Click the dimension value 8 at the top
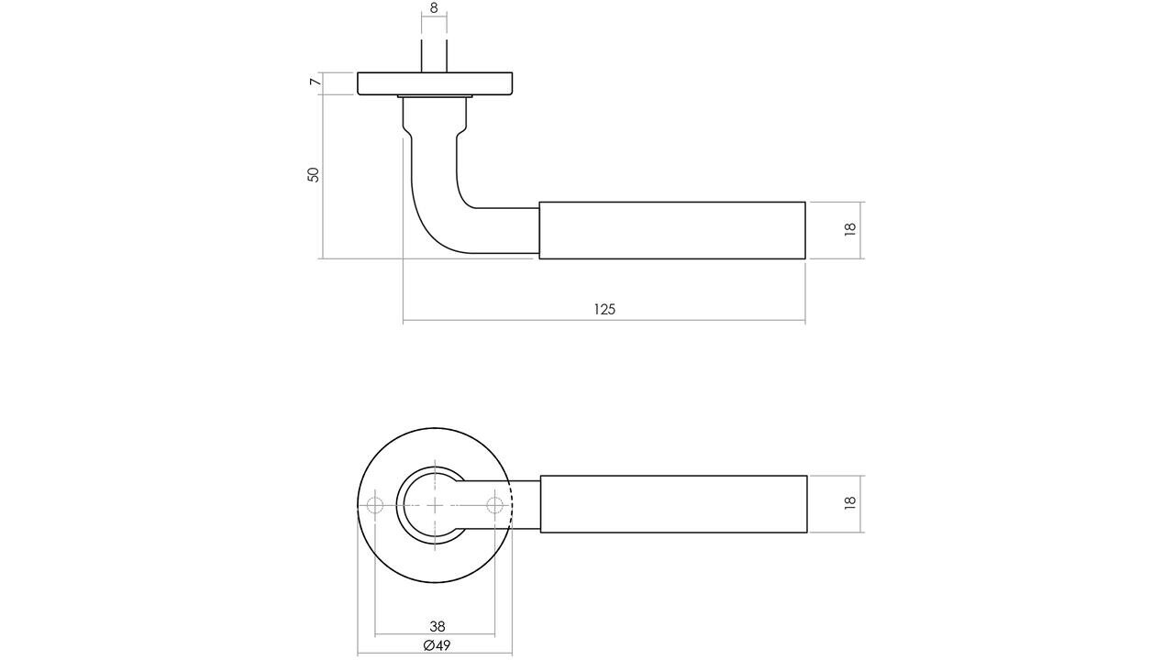pyautogui.click(x=434, y=8)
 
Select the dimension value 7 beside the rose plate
pyautogui.click(x=315, y=83)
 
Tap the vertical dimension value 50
pyautogui.click(x=313, y=174)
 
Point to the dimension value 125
pyautogui.click(x=604, y=309)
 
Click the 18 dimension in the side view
pyautogui.click(x=849, y=229)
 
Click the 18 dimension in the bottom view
pyautogui.click(x=849, y=502)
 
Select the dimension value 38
pyautogui.click(x=437, y=626)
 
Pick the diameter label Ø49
pyautogui.click(x=437, y=645)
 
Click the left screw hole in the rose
pyautogui.click(x=374, y=505)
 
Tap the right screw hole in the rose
pyautogui.click(x=495, y=505)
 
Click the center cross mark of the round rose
pyautogui.click(x=435, y=505)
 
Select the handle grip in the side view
pyautogui.click(x=671, y=230)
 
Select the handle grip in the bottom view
pyautogui.click(x=673, y=504)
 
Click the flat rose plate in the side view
pyautogui.click(x=435, y=83)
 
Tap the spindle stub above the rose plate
pyautogui.click(x=435, y=56)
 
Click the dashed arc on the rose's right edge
pyautogui.click(x=510, y=505)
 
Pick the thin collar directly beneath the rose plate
pyautogui.click(x=435, y=96)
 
